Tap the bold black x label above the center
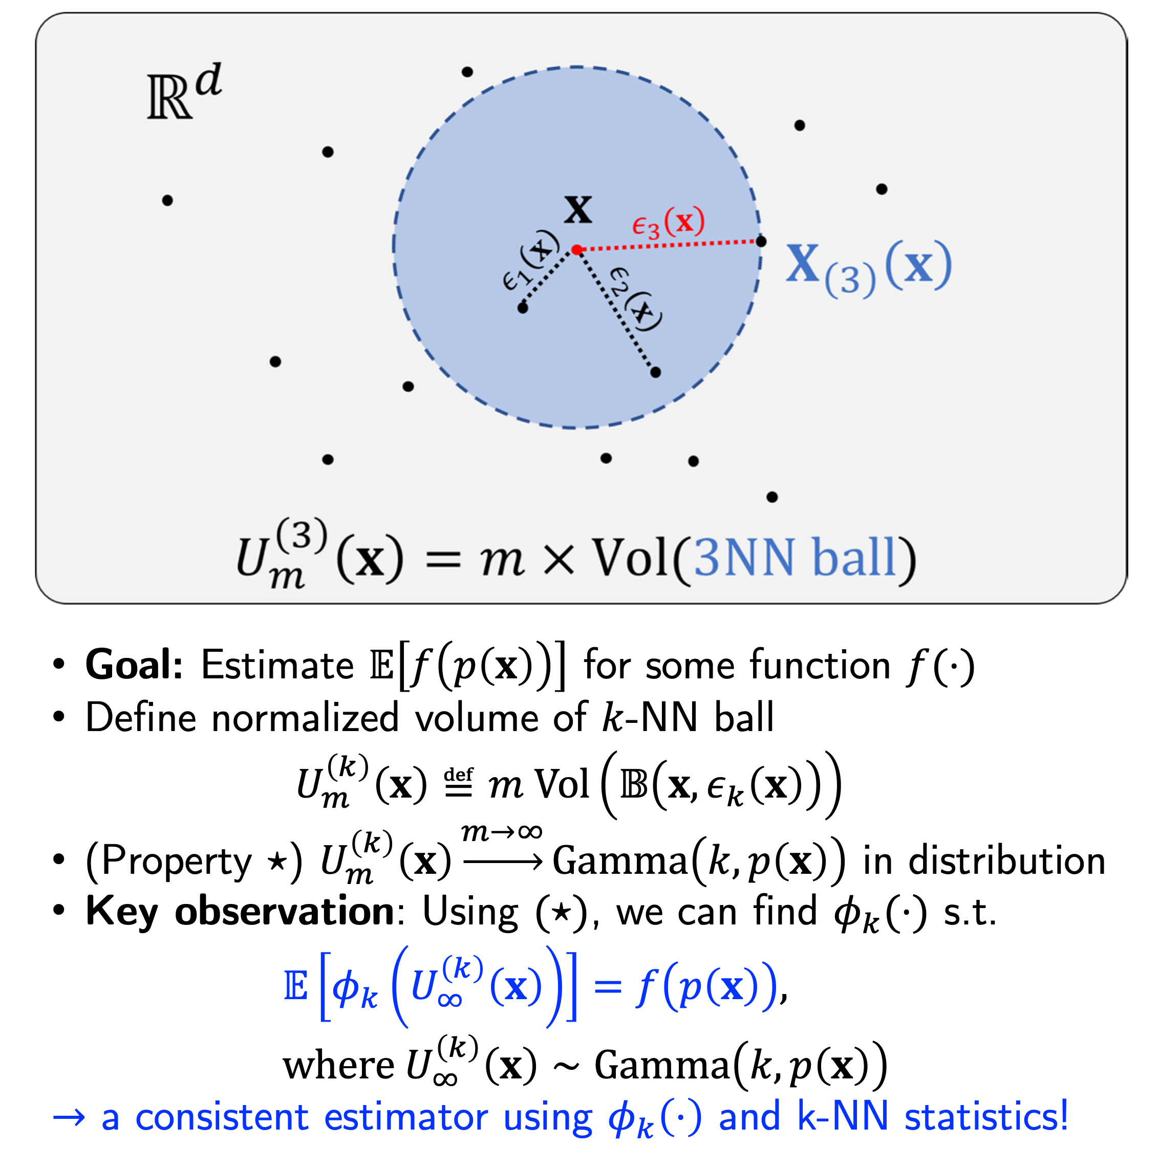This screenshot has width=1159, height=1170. [x=577, y=210]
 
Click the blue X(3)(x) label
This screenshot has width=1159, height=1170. [x=868, y=267]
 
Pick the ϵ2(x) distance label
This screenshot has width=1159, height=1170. [x=635, y=299]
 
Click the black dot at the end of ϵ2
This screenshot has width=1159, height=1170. [x=656, y=372]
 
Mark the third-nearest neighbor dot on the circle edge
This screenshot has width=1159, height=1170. [x=762, y=241]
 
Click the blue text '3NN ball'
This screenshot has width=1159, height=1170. [x=795, y=557]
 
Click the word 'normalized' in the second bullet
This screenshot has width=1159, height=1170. [x=305, y=718]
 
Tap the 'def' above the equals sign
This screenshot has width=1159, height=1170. [x=459, y=775]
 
